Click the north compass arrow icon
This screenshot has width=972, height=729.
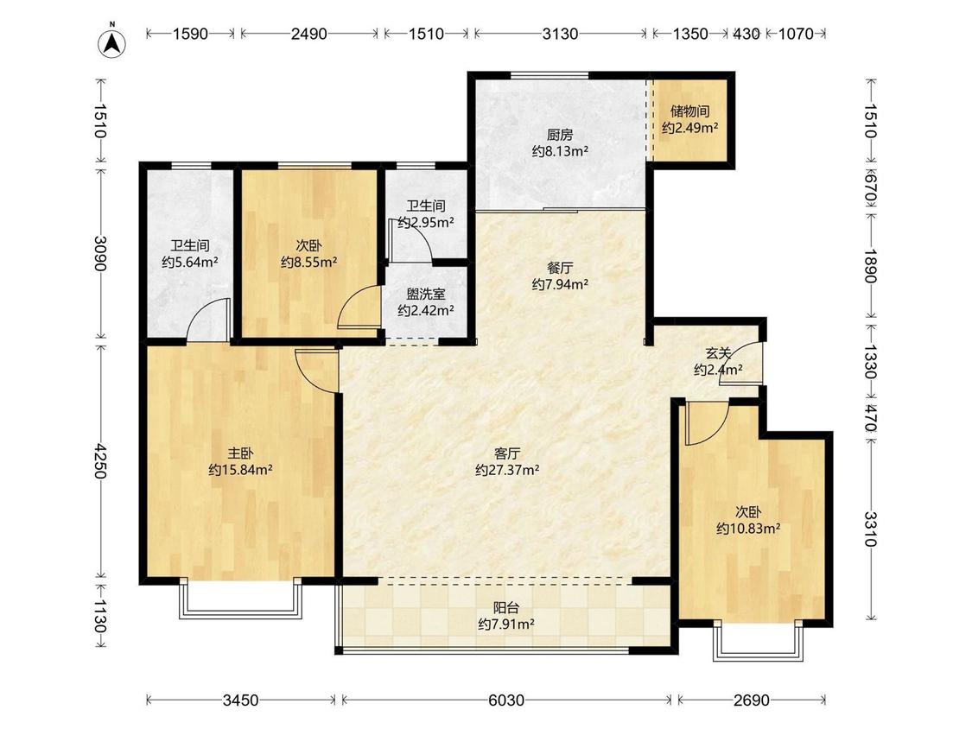tap(112, 42)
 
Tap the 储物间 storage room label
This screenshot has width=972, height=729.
tap(690, 111)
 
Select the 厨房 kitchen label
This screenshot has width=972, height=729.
tap(560, 135)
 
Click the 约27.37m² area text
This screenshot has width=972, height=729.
tap(507, 470)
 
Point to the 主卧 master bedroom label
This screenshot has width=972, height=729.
tap(240, 453)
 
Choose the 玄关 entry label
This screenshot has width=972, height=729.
tap(718, 354)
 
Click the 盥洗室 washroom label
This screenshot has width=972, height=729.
tap(426, 294)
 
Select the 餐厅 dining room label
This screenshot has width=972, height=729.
tap(560, 268)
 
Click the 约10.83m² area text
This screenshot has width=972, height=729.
tap(748, 529)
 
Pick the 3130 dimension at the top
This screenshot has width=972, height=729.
tap(561, 34)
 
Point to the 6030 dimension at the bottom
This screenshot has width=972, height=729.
tap(506, 700)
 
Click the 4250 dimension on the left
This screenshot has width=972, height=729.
tap(100, 460)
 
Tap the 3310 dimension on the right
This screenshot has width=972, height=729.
tap(871, 529)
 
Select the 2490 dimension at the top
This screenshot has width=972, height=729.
tap(308, 34)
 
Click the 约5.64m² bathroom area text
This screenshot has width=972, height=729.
tap(190, 263)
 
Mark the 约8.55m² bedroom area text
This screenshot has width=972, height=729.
tap(308, 263)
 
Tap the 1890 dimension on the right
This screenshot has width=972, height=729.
tap(871, 266)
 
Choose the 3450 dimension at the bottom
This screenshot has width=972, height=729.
tap(240, 700)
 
